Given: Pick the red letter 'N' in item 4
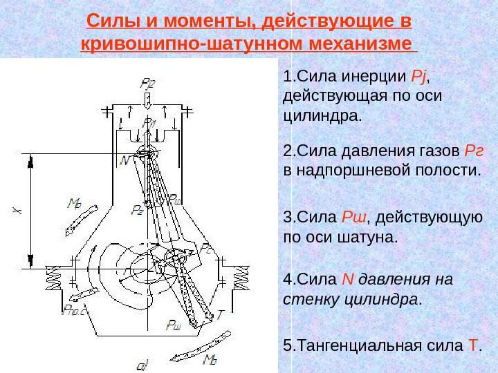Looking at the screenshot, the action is (x=349, y=280).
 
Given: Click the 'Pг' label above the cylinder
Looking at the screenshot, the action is (x=147, y=84).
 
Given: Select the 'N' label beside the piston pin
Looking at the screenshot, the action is (x=125, y=160).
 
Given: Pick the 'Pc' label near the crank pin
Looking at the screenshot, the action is (x=207, y=248).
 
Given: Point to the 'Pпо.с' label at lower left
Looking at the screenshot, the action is (x=73, y=309).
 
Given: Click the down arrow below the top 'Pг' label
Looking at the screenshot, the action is (x=147, y=99).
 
